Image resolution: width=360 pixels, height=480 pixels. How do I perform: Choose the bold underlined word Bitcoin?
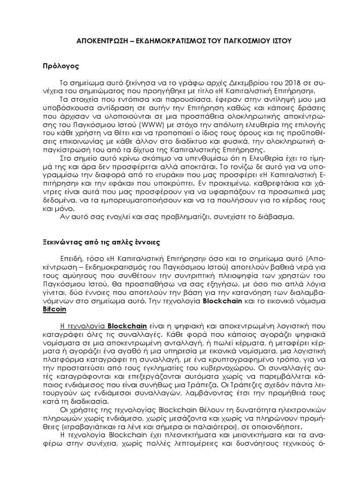[x=55, y=309]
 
